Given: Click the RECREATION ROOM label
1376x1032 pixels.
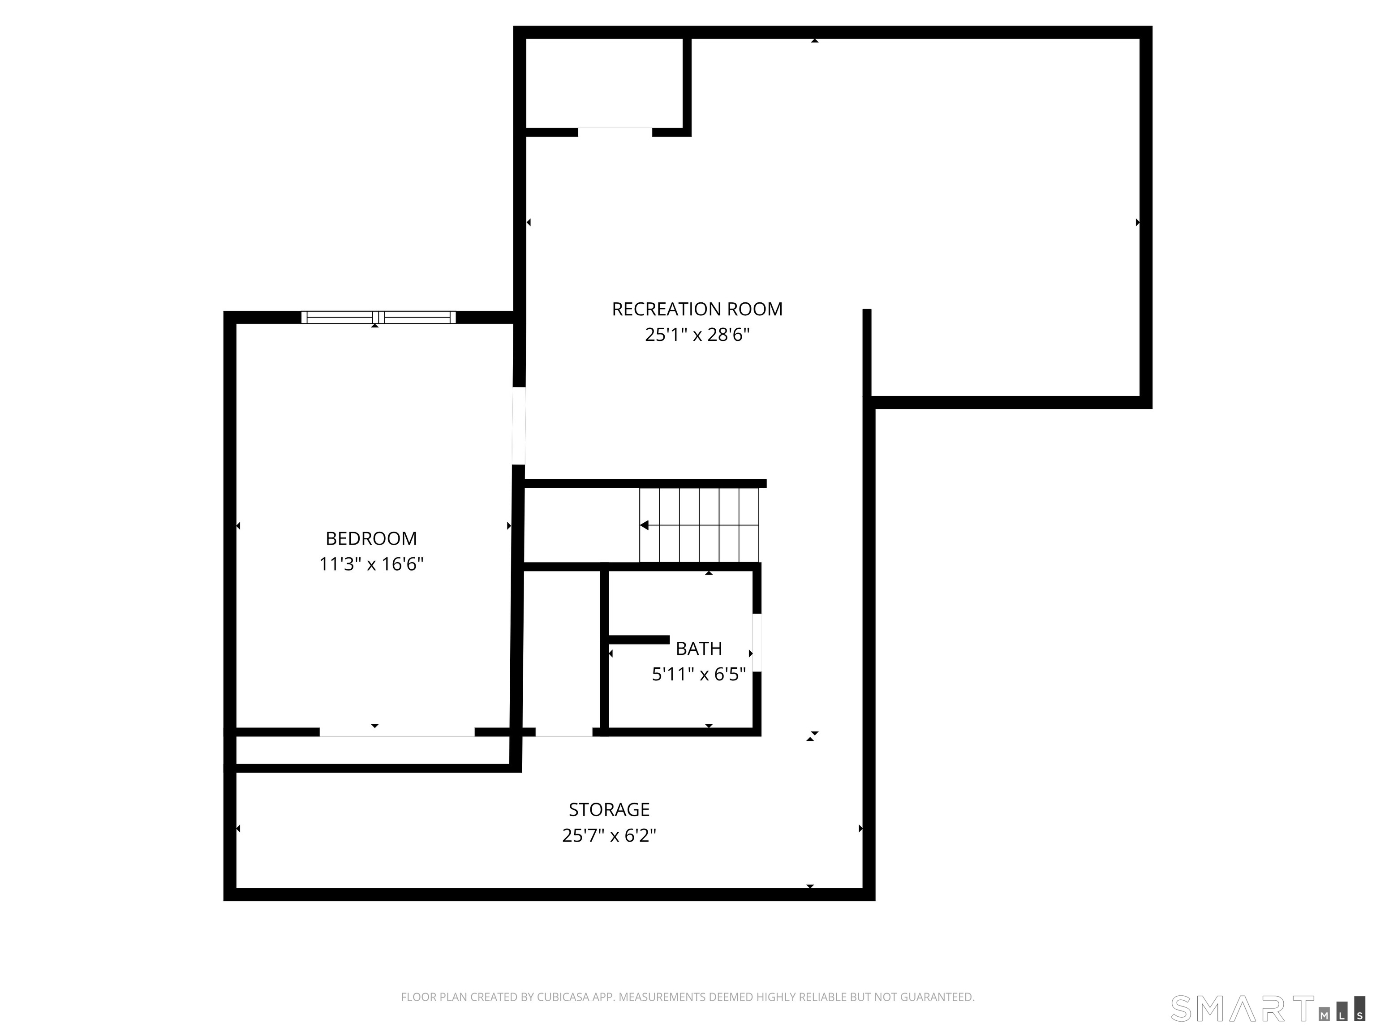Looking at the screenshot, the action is pos(697,309).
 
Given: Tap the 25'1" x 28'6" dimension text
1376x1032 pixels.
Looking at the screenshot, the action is pos(697,335).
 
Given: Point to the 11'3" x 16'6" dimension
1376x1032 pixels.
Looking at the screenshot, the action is pos(371,564).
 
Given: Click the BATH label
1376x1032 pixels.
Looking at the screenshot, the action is pos(699,649).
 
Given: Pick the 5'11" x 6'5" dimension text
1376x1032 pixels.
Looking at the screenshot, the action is pos(699,674).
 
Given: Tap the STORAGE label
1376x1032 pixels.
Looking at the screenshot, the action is pos(609,809).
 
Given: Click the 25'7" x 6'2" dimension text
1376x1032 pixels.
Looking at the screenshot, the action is pos(609,835).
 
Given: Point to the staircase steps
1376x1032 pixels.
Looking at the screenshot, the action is pos(699,526).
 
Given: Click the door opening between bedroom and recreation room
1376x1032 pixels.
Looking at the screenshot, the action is pos(519,426).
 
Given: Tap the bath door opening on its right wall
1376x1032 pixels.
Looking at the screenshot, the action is pos(757,643).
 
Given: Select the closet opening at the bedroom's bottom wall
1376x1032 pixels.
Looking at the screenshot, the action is pos(397,733).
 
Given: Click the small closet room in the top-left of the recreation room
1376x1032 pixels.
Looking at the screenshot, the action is pos(604,83).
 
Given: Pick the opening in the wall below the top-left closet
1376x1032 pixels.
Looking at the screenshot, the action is pos(615,132).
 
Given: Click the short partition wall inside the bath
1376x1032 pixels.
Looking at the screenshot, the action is pos(638,640).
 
